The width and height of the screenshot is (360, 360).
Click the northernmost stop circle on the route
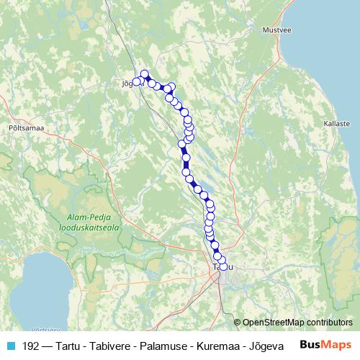(x=144, y=73)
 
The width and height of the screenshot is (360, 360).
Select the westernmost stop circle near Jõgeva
(x=135, y=81)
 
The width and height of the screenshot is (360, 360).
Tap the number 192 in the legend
(x=30, y=346)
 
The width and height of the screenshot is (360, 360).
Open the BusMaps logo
(x=325, y=345)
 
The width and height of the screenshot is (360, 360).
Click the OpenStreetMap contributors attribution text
(x=297, y=323)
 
